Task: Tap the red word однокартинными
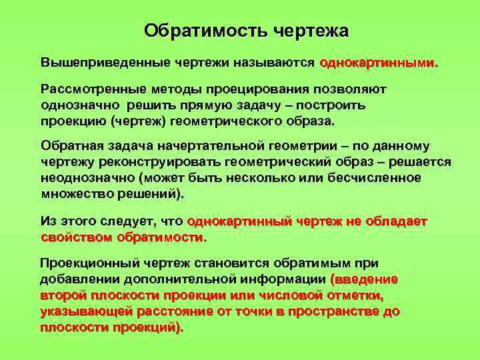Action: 379,63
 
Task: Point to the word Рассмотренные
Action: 84,90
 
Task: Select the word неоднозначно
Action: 85,178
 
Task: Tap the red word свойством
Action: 76,237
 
